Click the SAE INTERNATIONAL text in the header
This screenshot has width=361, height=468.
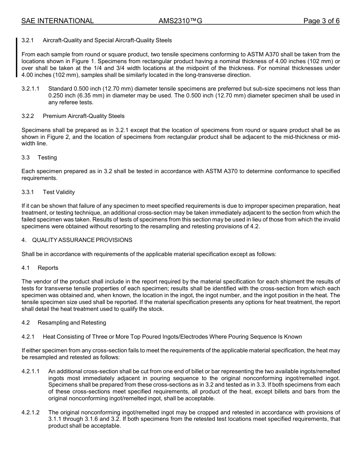pyautogui.click(x=57, y=21)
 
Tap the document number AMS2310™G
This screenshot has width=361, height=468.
pyautogui.click(x=180, y=21)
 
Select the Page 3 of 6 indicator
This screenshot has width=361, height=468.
pyautogui.click(x=321, y=21)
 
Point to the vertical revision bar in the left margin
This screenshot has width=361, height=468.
pyautogui.click(x=17, y=57)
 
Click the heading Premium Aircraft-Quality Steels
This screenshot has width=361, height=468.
pyautogui.click(x=84, y=116)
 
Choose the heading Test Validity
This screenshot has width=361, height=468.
pyautogui.click(x=59, y=192)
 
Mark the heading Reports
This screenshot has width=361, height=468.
pyautogui.click(x=48, y=268)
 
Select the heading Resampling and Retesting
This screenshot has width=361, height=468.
pyautogui.click(x=72, y=323)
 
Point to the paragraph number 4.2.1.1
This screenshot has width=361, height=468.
pyautogui.click(x=30, y=371)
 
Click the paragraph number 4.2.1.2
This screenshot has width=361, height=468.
pyautogui.click(x=30, y=412)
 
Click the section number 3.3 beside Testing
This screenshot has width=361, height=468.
pyautogui.click(x=26, y=158)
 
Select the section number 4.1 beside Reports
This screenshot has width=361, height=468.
pyautogui.click(x=25, y=268)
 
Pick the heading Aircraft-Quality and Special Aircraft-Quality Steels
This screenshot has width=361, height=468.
pyautogui.click(x=107, y=40)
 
